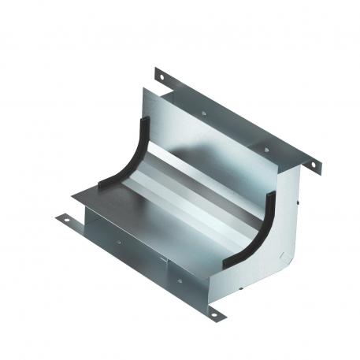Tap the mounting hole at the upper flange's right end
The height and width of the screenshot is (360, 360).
tap(312, 165)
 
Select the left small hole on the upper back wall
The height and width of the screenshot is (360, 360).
tap(203, 113)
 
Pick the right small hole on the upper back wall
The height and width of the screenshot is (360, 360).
tap(269, 150)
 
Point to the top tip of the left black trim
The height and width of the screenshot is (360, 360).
tap(146, 118)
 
